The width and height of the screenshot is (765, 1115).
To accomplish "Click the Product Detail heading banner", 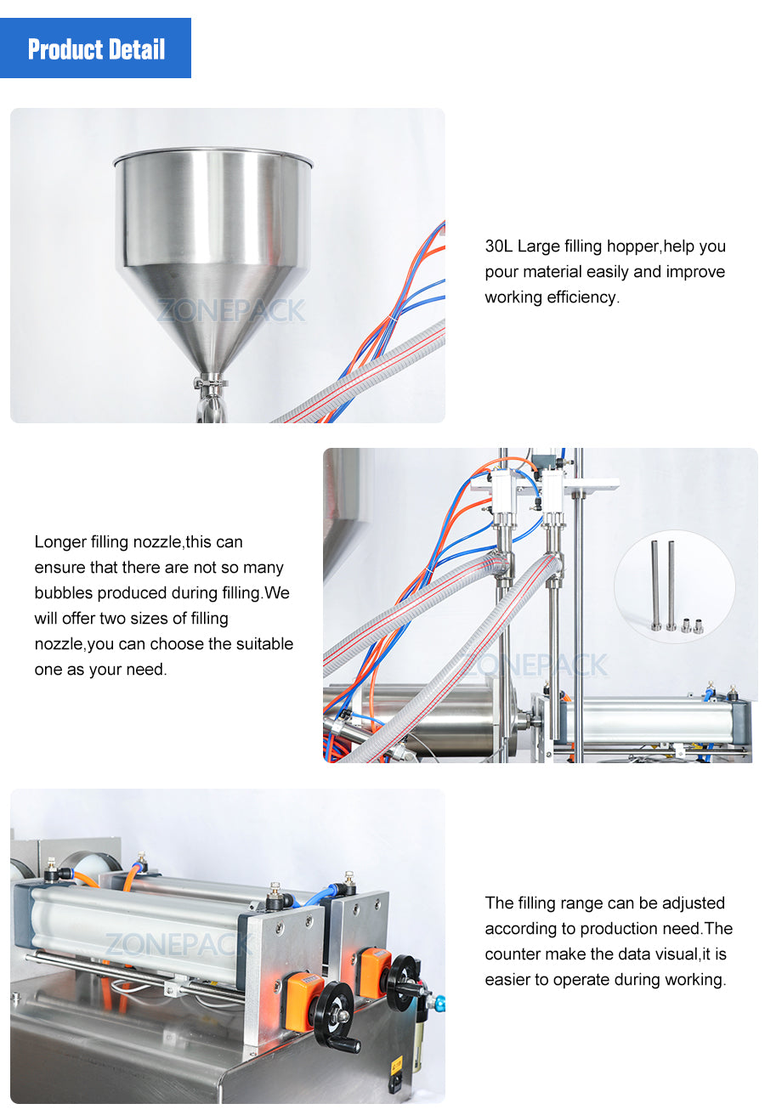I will [95, 48].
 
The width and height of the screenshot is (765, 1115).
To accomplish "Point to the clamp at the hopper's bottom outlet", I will [210, 383].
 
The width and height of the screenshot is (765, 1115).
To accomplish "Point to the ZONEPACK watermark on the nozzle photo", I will [535, 665].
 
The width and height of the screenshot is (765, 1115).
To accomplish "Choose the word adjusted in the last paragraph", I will [689, 903].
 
